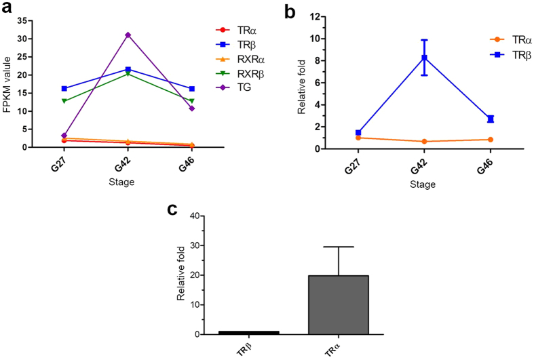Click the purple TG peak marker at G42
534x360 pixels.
coord(128,35)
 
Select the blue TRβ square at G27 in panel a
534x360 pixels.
coord(64,88)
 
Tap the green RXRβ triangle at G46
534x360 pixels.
coord(192,101)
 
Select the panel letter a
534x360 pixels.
coord(9,9)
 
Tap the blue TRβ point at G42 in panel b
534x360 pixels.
coord(425,58)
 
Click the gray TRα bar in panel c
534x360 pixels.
coord(338,304)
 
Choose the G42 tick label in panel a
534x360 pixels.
coord(128,165)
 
